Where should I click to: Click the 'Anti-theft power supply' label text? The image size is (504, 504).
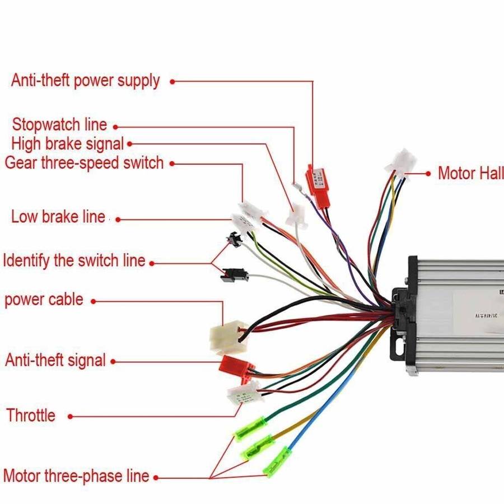point(85,81)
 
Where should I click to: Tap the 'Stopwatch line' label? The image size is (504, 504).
point(59,124)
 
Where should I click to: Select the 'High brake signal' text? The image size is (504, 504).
point(67,144)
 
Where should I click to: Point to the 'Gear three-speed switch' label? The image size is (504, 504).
point(84,163)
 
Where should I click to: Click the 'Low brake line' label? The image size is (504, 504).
point(58,216)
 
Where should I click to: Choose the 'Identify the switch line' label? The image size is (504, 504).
point(74,260)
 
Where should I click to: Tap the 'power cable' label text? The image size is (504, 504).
point(44,299)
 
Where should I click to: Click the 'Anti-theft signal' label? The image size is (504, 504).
point(55,360)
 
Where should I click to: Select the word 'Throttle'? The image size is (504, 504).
point(31,416)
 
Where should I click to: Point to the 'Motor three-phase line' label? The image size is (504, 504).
point(76,476)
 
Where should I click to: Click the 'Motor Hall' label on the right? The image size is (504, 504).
point(470,173)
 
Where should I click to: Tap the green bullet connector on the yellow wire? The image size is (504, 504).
point(257,447)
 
